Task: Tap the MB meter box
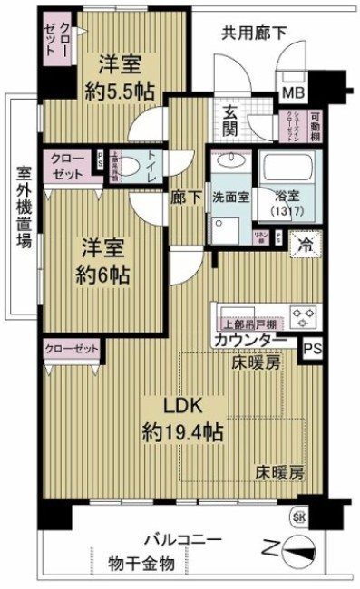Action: [295, 92]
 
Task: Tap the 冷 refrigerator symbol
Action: [306, 244]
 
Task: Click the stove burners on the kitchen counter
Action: [301, 315]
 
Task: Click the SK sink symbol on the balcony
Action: [297, 517]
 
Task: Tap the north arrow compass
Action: [297, 548]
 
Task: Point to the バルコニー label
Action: [179, 541]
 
